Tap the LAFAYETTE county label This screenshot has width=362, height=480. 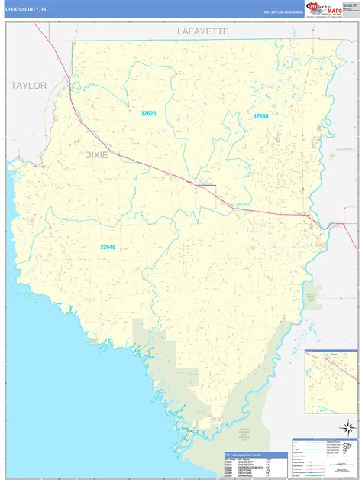[203, 31]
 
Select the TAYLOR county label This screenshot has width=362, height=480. [28, 86]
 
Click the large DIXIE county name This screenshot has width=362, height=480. [96, 154]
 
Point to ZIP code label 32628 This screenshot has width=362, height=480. [147, 114]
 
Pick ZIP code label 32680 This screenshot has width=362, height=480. [261, 116]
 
